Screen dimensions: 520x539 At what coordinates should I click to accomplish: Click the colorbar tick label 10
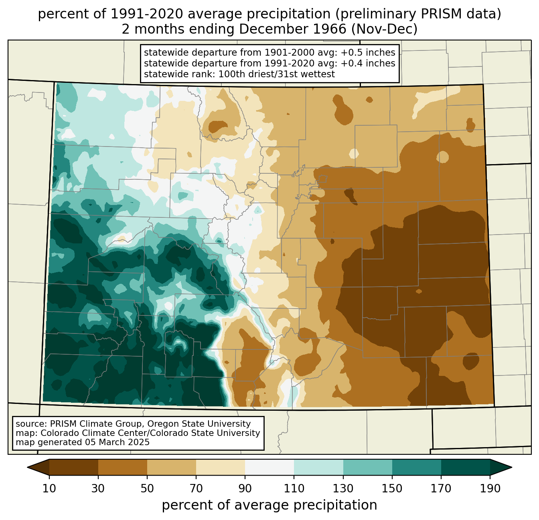(x=49, y=488)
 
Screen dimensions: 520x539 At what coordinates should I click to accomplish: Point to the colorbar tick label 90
(x=245, y=488)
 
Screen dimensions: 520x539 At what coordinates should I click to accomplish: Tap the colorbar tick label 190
(x=490, y=488)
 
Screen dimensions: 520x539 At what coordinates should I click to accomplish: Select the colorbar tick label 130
(x=343, y=488)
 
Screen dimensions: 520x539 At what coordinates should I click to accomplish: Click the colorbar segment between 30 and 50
(x=123, y=467)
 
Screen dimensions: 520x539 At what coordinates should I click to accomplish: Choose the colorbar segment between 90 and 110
(x=269, y=467)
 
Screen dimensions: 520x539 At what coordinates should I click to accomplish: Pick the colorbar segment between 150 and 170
(x=416, y=467)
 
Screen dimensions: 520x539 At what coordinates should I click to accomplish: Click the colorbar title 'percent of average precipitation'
(x=269, y=505)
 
